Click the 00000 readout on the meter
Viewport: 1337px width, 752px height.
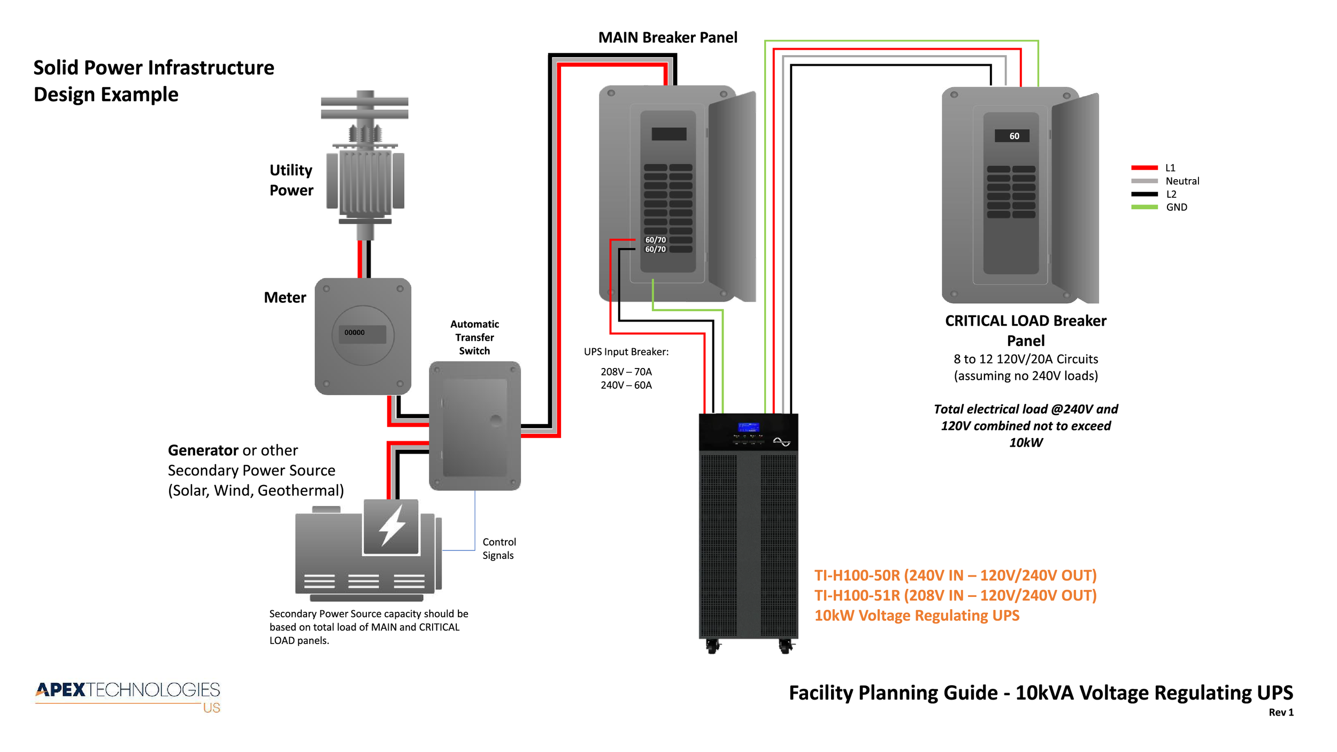355,333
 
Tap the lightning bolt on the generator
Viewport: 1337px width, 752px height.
392,526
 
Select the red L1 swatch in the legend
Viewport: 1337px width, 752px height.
1144,168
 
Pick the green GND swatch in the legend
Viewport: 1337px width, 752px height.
1144,207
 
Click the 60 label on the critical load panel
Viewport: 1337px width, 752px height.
1014,136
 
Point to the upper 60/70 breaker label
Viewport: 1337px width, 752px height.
655,240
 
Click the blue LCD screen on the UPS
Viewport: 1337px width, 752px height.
748,427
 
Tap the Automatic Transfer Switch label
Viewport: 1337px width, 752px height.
474,337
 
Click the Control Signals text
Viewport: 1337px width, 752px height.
499,549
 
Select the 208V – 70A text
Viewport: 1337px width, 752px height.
626,372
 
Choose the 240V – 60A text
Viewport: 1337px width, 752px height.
626,385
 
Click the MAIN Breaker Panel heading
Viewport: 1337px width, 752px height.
667,37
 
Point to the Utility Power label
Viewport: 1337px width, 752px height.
291,180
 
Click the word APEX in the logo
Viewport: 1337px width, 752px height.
61,690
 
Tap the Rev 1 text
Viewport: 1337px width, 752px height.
1281,712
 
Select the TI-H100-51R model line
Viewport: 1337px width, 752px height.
955,595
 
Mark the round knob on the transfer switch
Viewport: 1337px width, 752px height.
496,420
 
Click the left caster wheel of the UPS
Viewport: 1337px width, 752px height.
712,647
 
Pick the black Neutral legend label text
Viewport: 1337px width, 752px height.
1182,181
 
